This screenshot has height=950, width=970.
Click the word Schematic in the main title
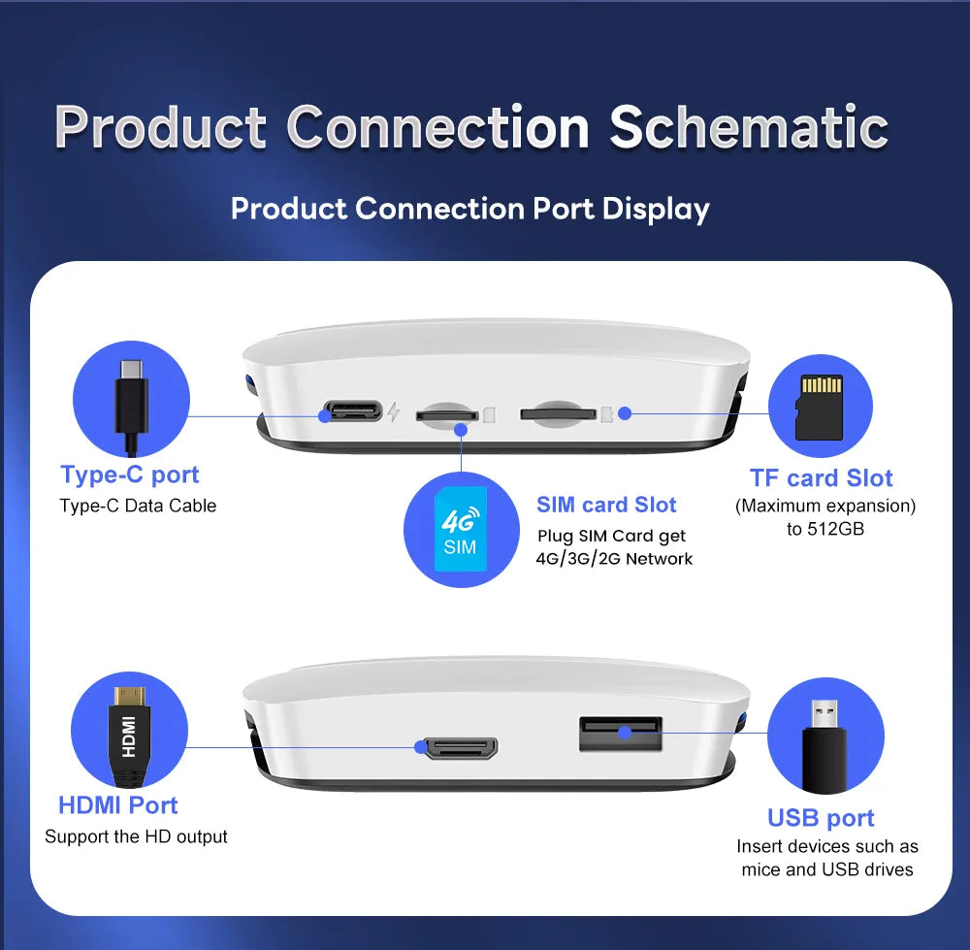pyautogui.click(x=749, y=127)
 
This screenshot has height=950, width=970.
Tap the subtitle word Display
pyautogui.click(x=656, y=210)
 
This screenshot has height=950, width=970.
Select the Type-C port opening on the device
pyautogui.click(x=352, y=411)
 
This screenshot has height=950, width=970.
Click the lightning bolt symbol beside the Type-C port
pyautogui.click(x=394, y=411)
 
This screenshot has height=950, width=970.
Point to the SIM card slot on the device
pyautogui.click(x=447, y=414)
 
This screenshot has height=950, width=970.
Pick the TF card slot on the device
pyautogui.click(x=558, y=412)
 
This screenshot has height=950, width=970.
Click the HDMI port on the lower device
pyautogui.click(x=459, y=748)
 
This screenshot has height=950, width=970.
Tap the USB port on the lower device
pyautogui.click(x=621, y=734)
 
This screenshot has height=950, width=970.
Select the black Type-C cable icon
pyautogui.click(x=132, y=406)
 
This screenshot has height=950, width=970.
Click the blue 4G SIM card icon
pyautogui.click(x=460, y=530)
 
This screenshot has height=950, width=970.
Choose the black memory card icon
pyautogui.click(x=820, y=407)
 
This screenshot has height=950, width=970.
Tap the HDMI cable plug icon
pyautogui.click(x=129, y=736)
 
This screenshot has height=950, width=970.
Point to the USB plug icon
pyautogui.click(x=825, y=745)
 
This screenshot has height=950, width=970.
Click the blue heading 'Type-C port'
pyautogui.click(x=130, y=475)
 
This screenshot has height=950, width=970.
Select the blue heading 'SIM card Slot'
pyautogui.click(x=606, y=505)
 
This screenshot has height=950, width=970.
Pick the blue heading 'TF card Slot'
pyautogui.click(x=821, y=478)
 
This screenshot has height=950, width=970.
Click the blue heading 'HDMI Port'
pyautogui.click(x=118, y=805)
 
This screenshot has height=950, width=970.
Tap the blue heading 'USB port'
pyautogui.click(x=821, y=818)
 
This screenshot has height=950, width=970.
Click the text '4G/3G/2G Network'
pyautogui.click(x=614, y=559)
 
